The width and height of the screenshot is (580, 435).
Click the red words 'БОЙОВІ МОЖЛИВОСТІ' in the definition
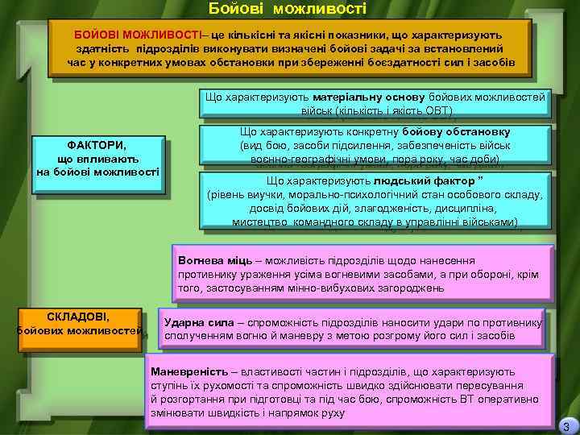138,35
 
